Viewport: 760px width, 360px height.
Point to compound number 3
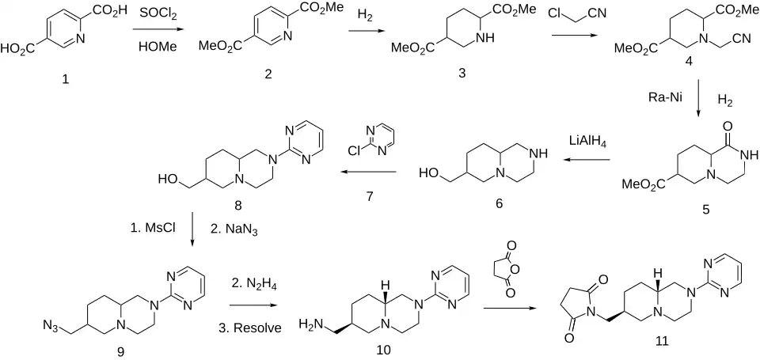tap(461, 74)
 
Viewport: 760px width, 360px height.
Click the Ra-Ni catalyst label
tap(664, 96)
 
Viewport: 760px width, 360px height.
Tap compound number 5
tap(705, 210)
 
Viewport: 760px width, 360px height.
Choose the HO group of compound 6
tap(429, 172)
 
